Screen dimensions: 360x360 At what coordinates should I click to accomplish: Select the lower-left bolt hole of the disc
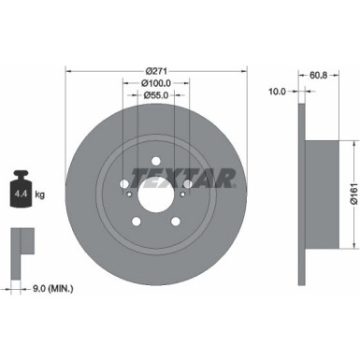137,223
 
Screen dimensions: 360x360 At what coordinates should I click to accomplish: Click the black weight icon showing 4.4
22,194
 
